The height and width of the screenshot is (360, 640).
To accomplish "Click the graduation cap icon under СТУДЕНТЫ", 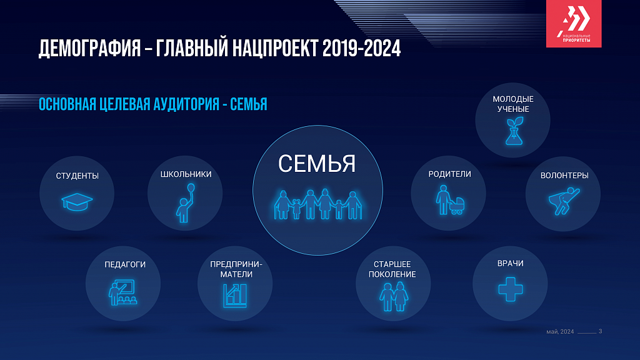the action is point(77,202).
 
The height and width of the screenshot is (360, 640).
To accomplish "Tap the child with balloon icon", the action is point(186,203).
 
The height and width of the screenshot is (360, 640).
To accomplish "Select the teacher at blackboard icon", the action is point(122,292).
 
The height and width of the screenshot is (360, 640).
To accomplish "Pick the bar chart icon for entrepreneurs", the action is point(235,296).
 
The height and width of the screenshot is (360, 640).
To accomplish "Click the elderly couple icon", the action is point(394,297).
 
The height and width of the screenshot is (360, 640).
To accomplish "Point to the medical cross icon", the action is point(510,289).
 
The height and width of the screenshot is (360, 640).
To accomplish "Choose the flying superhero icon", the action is point(564,201).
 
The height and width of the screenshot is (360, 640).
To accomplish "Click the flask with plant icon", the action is point(514,131).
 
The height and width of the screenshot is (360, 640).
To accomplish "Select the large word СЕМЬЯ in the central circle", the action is point(317,164).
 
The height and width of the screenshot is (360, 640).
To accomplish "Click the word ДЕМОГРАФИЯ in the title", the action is point(90,49).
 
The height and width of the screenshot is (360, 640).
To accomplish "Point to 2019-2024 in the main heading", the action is point(362,49).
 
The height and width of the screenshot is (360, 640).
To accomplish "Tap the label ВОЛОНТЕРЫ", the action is point(564,176).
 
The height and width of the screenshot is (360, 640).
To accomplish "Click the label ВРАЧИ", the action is point(510,263).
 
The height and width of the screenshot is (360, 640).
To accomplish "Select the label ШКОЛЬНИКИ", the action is point(186,174).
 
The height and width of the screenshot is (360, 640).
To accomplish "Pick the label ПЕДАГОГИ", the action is point(125,264).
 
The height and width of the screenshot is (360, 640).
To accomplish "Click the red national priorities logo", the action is point(574,24).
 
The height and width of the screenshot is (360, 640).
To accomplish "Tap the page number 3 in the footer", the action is point(600,331).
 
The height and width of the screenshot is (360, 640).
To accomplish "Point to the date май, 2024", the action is point(560,331).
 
